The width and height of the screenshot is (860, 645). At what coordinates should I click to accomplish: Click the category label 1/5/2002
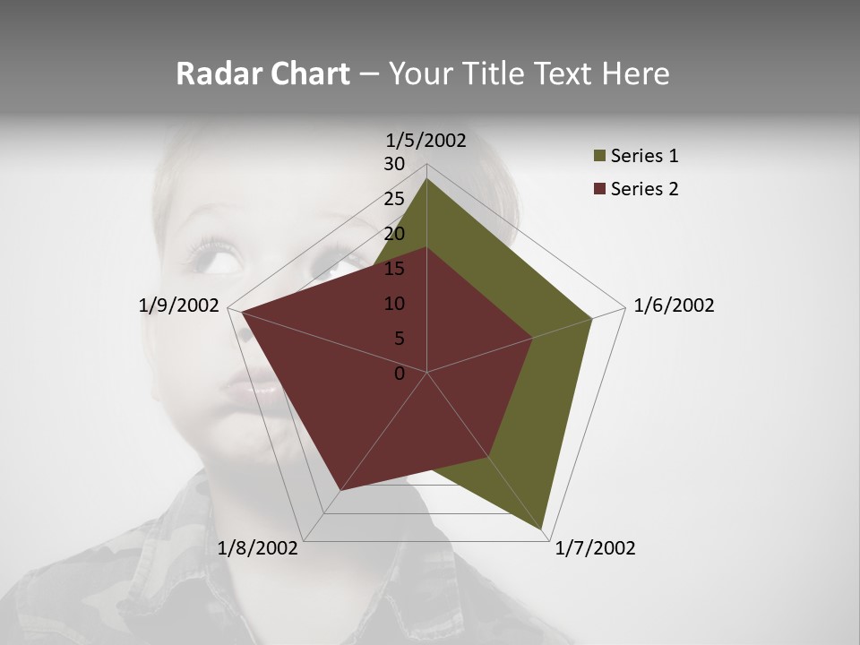tap(426, 141)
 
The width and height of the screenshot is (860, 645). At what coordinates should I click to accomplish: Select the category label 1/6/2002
tap(674, 305)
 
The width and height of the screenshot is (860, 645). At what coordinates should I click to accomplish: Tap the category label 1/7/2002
tap(595, 548)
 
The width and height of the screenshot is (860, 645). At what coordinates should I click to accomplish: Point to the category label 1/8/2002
tap(258, 548)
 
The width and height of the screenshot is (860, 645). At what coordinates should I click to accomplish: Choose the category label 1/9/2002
tap(179, 305)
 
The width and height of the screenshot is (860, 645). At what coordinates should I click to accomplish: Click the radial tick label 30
tap(394, 164)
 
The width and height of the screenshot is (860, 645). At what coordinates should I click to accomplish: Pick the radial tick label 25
tap(394, 199)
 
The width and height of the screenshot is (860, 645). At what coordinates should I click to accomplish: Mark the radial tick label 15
tap(394, 269)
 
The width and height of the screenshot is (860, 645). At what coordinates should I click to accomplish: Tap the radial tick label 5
tap(399, 339)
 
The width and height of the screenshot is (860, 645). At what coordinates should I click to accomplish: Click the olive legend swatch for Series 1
tap(599, 157)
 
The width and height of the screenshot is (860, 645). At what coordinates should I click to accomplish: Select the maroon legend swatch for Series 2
tap(599, 189)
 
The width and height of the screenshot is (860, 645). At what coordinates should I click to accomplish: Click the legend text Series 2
tap(644, 189)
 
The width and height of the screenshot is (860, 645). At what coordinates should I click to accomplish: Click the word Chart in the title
tap(310, 73)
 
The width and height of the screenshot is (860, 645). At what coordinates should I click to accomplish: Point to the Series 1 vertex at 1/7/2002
tap(543, 529)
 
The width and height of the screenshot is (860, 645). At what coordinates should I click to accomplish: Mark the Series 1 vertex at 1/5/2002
tap(426, 178)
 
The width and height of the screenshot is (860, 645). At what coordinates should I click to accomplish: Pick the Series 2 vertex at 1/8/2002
tap(340, 491)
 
